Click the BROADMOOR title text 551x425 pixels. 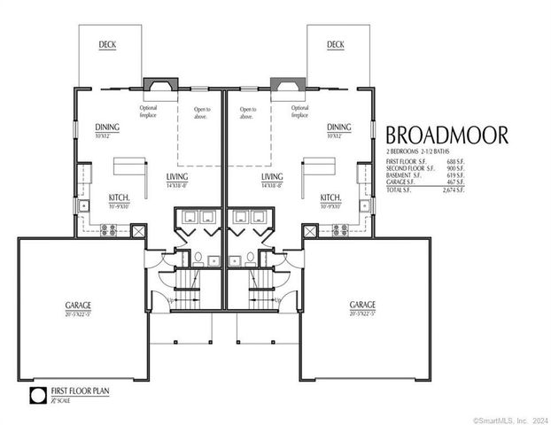(x=446, y=135)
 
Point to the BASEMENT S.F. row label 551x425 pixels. (x=407, y=175)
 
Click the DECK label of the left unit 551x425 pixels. (x=106, y=44)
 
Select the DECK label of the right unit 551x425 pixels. (x=335, y=44)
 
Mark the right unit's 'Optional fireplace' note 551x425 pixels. (x=299, y=112)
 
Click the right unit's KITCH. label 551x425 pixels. (x=330, y=197)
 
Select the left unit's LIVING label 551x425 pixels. (x=176, y=177)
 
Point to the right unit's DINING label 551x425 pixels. (x=338, y=127)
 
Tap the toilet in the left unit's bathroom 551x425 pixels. (x=199, y=259)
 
